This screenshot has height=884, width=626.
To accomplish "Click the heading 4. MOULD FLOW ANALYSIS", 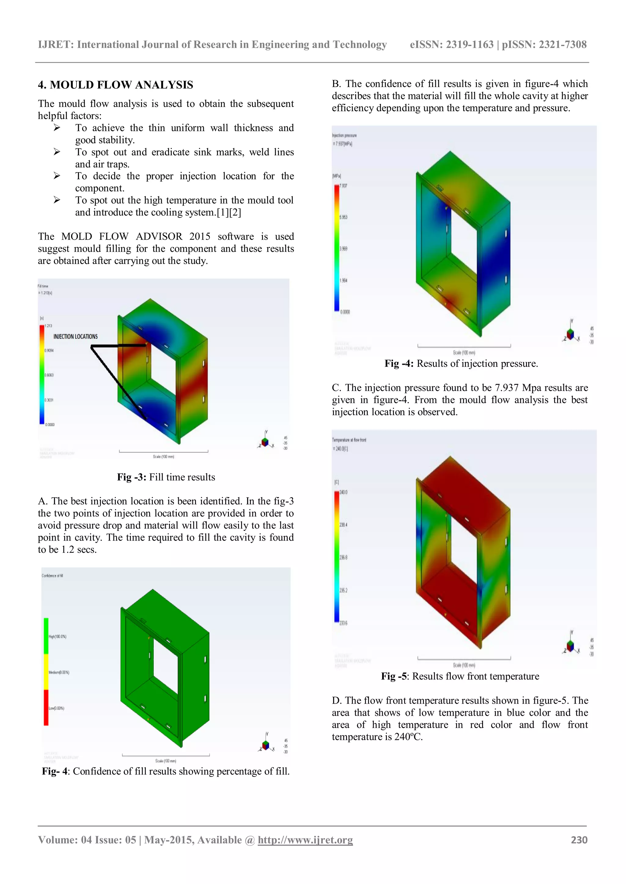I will [x=115, y=85].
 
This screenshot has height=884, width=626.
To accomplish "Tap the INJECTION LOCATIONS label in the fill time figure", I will [x=75, y=336].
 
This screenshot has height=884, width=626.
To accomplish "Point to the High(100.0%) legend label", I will [x=57, y=636].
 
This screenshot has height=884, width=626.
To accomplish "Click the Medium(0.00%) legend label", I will [x=59, y=672].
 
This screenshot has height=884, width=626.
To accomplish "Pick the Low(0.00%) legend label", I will [x=56, y=708].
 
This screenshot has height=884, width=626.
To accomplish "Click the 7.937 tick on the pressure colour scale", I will [x=343, y=186].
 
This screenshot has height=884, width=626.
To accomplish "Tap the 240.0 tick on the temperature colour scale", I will [x=343, y=492].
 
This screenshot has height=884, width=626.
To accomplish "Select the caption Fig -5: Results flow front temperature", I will [x=460, y=676].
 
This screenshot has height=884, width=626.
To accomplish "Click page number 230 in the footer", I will [x=579, y=840].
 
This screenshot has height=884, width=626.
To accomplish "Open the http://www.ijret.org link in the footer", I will [x=305, y=840].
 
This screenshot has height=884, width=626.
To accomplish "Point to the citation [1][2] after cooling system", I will [x=229, y=212].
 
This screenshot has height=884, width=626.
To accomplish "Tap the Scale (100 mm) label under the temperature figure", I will [x=464, y=665].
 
